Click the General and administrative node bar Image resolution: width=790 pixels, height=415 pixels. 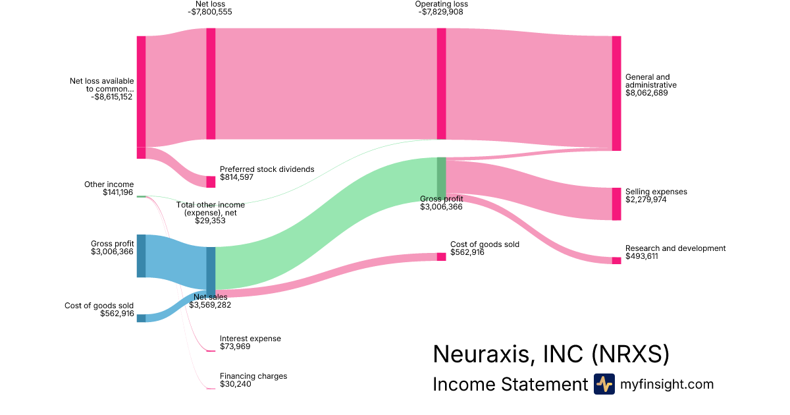[616, 93]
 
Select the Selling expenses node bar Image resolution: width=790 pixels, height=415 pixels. [616, 204]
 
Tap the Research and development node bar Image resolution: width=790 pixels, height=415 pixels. [616, 260]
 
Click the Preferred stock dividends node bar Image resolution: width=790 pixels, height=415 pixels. [211, 182]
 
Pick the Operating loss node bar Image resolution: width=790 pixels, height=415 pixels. [441, 83]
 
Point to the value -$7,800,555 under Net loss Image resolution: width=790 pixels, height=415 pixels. [210, 12]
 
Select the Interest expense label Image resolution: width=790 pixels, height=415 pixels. [250, 339]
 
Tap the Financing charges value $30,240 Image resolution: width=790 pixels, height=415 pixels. [235, 384]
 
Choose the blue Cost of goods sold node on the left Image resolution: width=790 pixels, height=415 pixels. [141, 318]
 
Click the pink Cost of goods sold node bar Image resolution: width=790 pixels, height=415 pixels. [441, 256]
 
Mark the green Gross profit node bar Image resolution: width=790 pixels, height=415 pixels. [441, 176]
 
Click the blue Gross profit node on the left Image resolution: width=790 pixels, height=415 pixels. [141, 256]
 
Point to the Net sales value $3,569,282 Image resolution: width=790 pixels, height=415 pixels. [210, 305]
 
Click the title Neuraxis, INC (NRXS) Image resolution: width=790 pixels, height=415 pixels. [551, 354]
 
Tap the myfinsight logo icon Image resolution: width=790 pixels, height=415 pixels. [604, 384]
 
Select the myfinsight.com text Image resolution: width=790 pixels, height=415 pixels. [667, 384]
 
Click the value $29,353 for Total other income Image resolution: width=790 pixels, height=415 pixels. [210, 221]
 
